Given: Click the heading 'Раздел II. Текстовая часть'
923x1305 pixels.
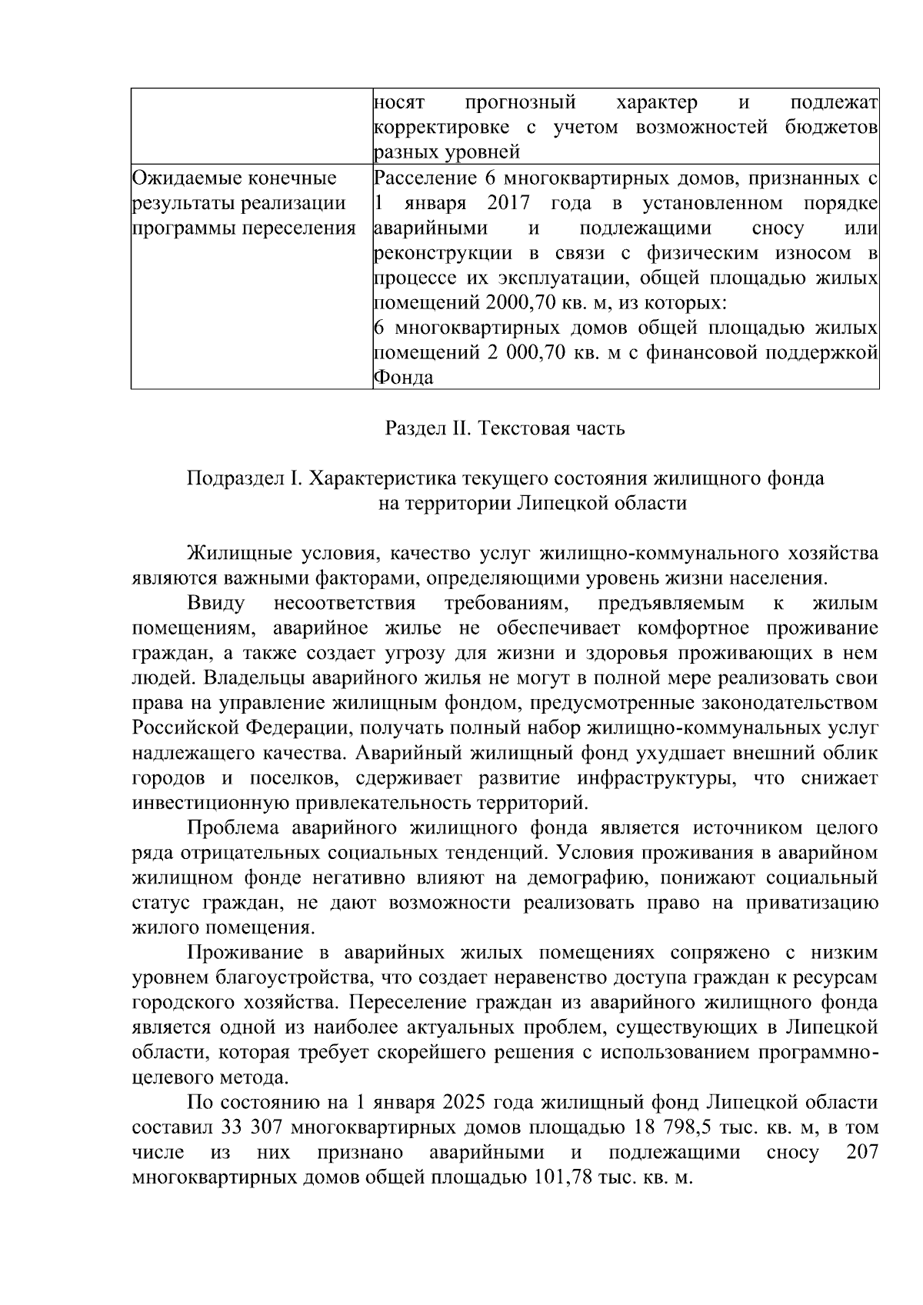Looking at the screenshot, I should pos(505,428).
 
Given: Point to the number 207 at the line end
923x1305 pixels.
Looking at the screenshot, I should pos(861,1153).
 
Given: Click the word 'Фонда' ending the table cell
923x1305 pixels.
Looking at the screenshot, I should pos(403,378).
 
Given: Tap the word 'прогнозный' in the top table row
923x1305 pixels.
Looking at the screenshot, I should pos(521,102).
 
